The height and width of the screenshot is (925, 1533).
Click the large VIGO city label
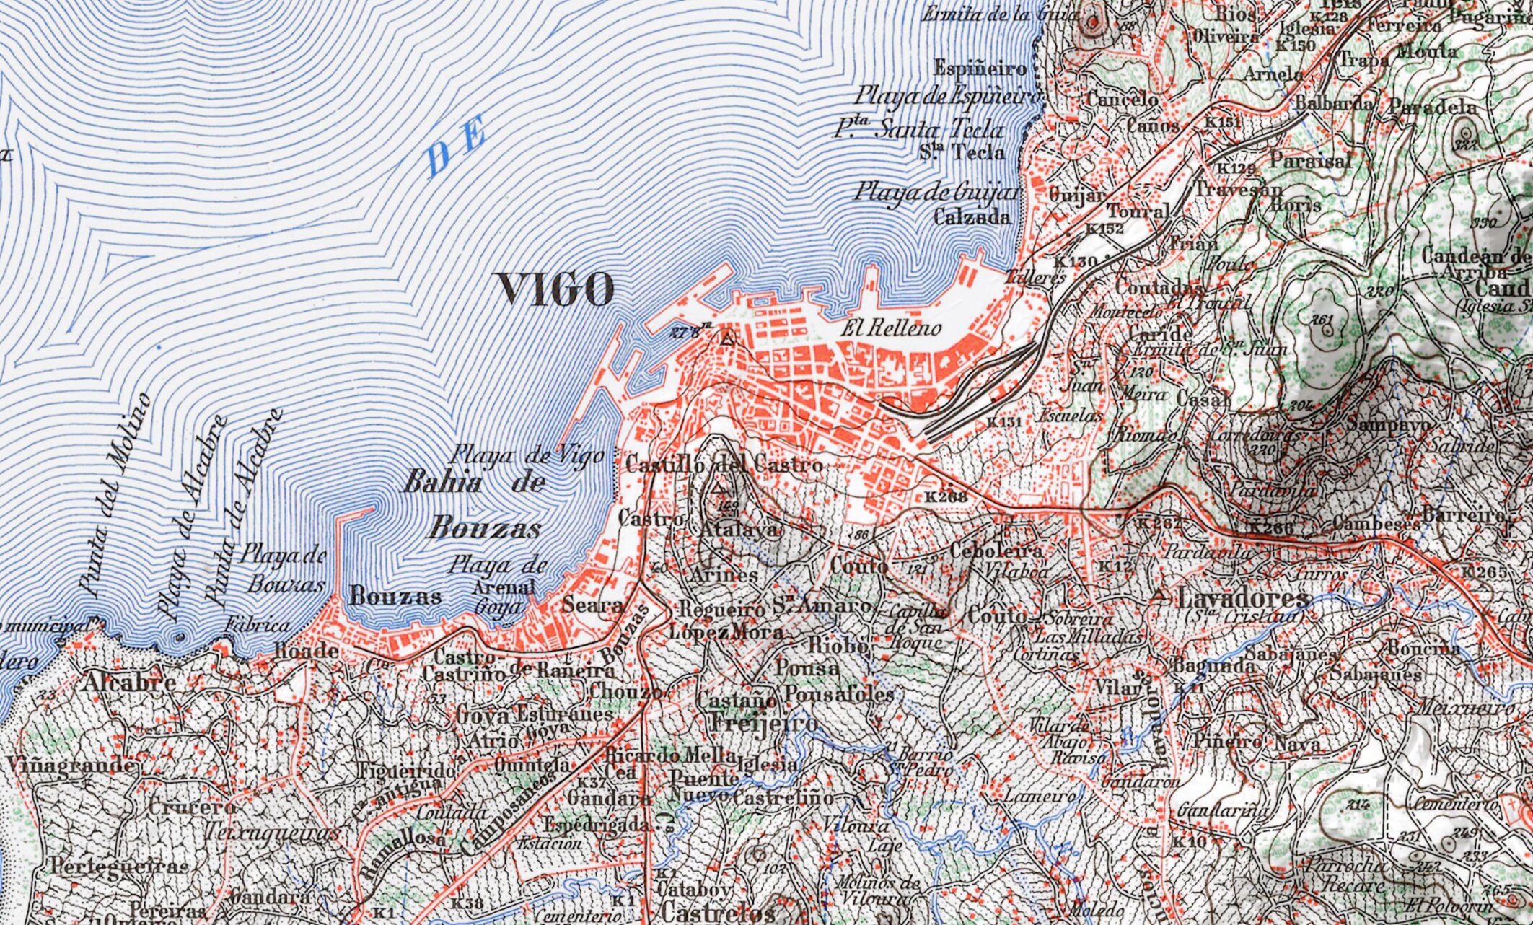555,289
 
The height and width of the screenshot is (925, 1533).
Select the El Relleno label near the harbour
893,329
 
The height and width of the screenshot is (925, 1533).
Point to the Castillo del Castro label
724,465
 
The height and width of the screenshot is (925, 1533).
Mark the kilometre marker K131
1005,422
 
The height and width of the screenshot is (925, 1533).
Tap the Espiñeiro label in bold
980,69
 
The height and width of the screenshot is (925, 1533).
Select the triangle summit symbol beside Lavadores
1159,596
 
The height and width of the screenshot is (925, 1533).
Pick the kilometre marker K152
1104,229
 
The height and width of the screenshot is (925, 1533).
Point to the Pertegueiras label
120,865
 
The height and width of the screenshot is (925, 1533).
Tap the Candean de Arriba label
1475,264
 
